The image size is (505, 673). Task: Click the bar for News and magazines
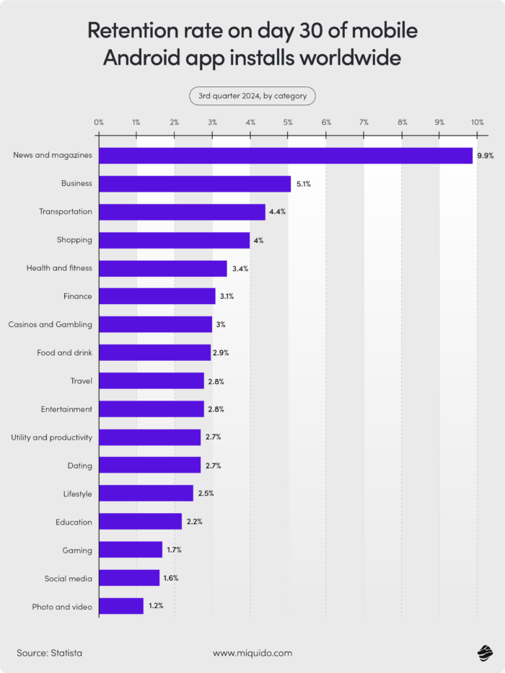[x=286, y=156]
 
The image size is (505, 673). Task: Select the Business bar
[x=195, y=184]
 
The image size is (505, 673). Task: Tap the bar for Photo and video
[x=121, y=607]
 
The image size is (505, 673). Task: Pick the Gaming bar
[x=131, y=551]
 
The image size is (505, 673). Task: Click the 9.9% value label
[x=485, y=156]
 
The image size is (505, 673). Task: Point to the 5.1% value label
[x=303, y=184]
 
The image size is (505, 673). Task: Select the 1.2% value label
[x=156, y=607]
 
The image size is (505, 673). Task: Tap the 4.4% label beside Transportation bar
[x=278, y=212]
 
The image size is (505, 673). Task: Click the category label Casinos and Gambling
[x=50, y=325]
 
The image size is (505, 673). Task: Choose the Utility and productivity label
[x=52, y=437]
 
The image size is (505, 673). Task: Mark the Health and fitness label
[x=59, y=268]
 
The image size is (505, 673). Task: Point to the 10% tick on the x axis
[x=477, y=123]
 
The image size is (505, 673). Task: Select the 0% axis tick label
[x=99, y=123]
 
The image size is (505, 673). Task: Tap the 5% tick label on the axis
[x=288, y=123]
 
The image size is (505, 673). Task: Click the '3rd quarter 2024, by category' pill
[x=252, y=96]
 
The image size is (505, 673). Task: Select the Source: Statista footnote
[x=50, y=653]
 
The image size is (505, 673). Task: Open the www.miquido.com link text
[x=252, y=653]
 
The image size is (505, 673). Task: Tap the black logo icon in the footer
[x=484, y=653]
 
